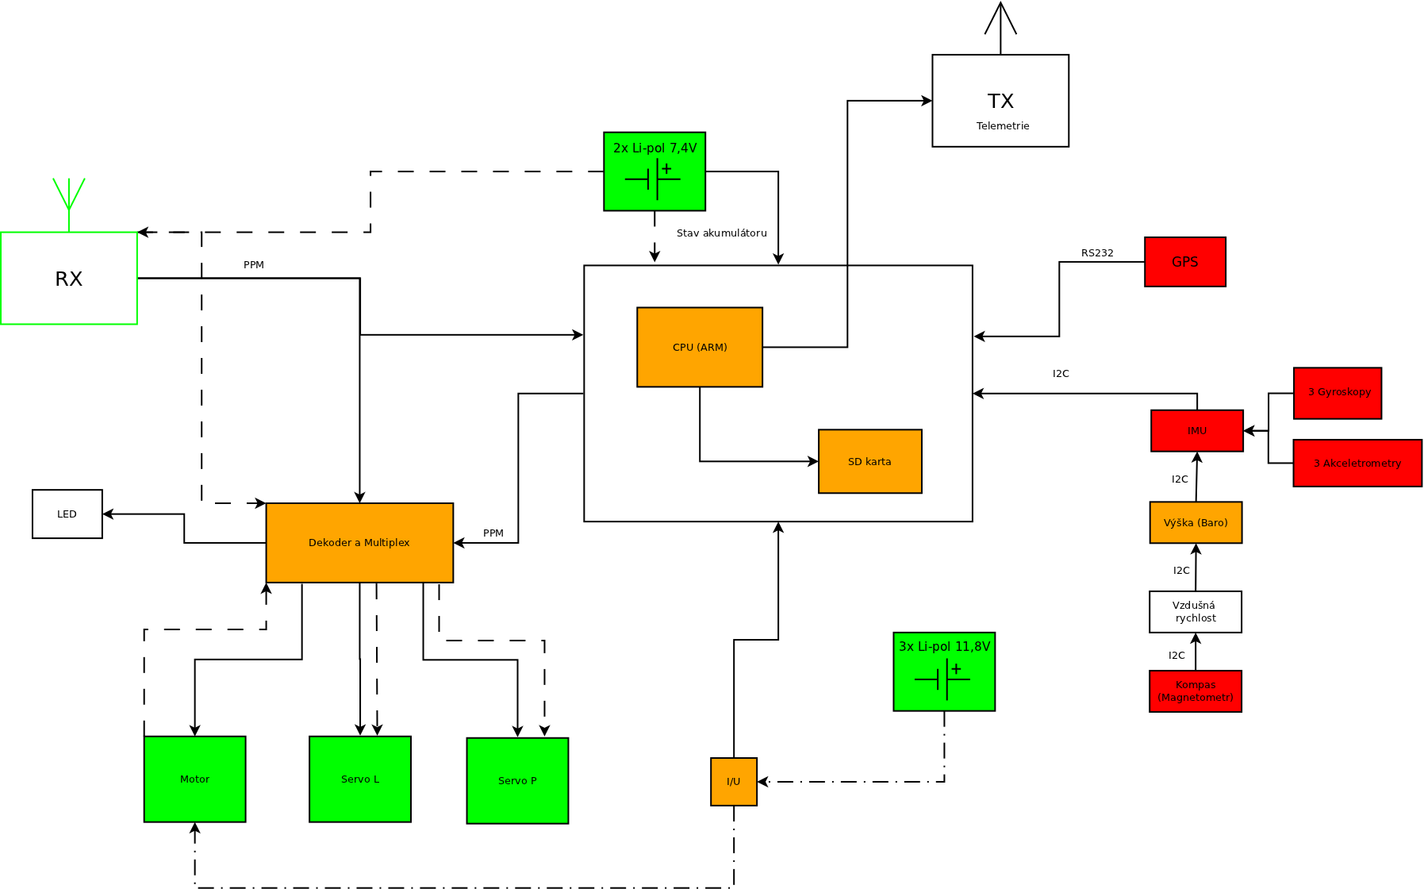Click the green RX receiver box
click(x=69, y=278)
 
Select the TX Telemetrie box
click(x=1000, y=101)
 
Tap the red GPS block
click(x=1184, y=262)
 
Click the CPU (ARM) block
click(x=700, y=347)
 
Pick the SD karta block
click(x=869, y=461)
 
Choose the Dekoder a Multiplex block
click(x=359, y=543)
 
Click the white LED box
click(x=67, y=514)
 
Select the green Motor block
click(x=194, y=779)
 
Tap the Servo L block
click(x=360, y=779)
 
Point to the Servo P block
click(x=517, y=781)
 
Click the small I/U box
click(x=734, y=782)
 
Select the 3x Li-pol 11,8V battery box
click(x=944, y=672)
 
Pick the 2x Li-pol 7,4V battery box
click(x=654, y=171)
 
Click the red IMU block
click(x=1196, y=431)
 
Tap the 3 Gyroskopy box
click(x=1338, y=393)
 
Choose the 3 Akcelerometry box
click(x=1357, y=463)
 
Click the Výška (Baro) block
click(x=1196, y=522)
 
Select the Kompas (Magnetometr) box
click(x=1196, y=691)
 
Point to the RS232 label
click(x=1097, y=253)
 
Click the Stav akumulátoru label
click(x=721, y=233)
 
